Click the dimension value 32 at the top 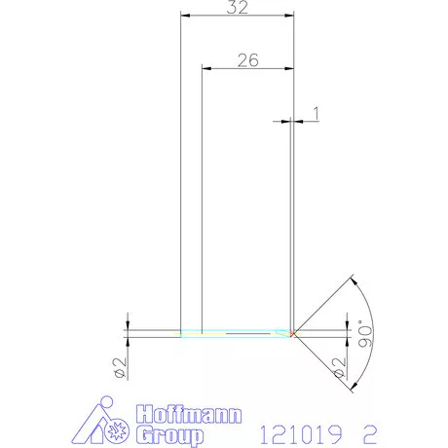(x=238, y=8)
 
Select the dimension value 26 (x=247, y=59)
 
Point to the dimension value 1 (x=315, y=113)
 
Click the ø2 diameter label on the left (x=119, y=367)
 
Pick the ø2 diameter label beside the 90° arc (x=339, y=368)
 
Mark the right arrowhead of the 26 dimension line (x=289, y=68)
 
